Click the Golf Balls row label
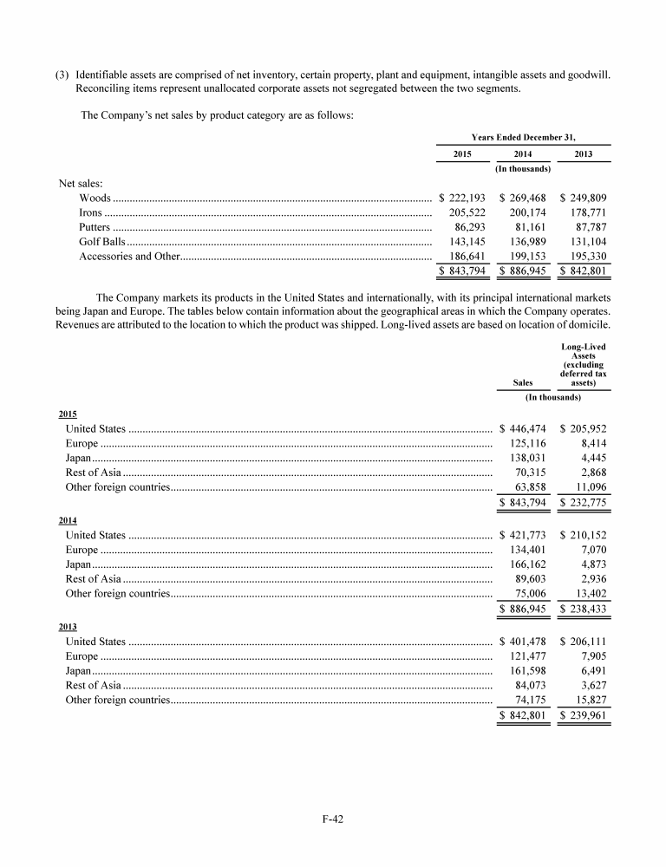coord(102,242)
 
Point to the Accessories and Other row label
coord(129,257)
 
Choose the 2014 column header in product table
coord(523,153)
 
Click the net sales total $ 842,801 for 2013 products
coord(583,272)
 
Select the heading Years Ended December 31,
coord(523,136)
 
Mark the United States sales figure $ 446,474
coord(523,428)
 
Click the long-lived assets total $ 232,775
coord(583,503)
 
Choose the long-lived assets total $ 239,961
coord(583,716)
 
